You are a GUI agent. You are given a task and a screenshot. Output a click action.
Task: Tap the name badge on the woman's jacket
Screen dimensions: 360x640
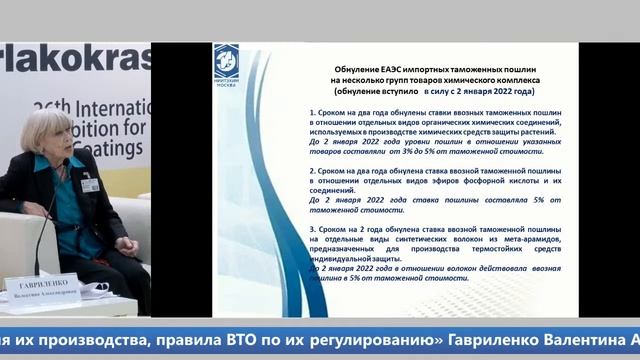[90, 184]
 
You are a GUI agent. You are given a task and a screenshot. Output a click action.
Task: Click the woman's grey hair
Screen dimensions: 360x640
[46, 130]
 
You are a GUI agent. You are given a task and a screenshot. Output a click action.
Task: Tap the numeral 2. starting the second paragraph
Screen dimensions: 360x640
[313, 170]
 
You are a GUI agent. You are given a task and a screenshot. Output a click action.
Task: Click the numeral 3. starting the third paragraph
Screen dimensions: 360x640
[313, 230]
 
